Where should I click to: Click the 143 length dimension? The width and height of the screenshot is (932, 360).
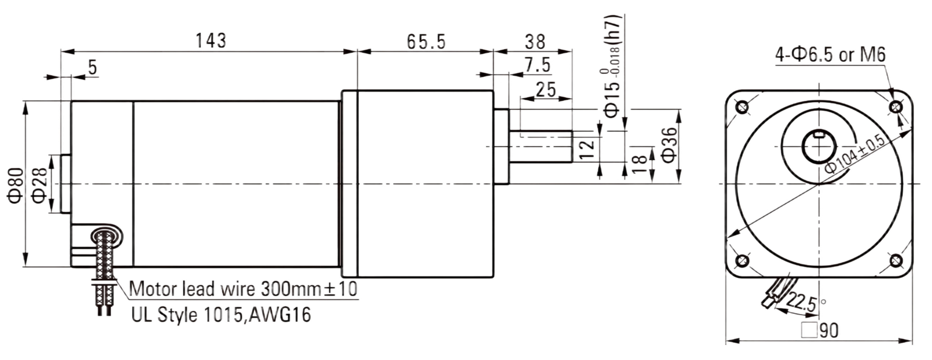[x=211, y=41]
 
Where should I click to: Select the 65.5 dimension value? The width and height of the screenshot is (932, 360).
[x=426, y=41]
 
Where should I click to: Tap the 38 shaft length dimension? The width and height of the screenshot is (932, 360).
[x=535, y=41]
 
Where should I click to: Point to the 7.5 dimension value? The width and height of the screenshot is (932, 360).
[x=537, y=65]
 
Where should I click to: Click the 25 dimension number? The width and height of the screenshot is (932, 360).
[x=546, y=90]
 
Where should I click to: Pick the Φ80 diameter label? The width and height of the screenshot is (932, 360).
[x=16, y=186]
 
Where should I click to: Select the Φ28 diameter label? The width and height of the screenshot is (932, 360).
[x=38, y=186]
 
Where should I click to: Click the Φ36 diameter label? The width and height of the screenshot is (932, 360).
[x=669, y=145]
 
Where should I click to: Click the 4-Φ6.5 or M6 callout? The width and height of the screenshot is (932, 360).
[x=831, y=55]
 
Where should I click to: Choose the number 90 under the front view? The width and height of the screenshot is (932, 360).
[x=829, y=330]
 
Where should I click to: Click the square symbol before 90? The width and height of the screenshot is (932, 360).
[x=809, y=330]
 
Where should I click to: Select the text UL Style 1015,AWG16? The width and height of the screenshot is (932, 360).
[x=221, y=315]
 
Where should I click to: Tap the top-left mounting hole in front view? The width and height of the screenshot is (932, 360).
[x=742, y=107]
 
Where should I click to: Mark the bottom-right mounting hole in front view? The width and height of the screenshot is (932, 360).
[x=896, y=261]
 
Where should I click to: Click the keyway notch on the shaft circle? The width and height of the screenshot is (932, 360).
[x=819, y=135]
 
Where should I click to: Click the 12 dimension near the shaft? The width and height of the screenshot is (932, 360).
[x=587, y=149]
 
